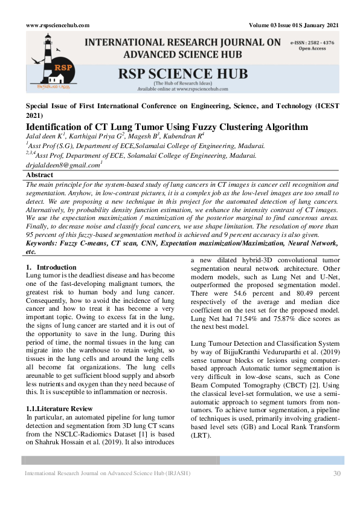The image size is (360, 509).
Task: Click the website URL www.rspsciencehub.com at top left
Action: click(x=58, y=25)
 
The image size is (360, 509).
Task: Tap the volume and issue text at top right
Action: click(x=294, y=25)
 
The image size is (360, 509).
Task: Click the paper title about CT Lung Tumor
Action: click(x=167, y=127)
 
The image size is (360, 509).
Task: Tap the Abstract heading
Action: click(x=40, y=175)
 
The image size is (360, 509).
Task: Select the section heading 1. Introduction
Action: click(x=52, y=267)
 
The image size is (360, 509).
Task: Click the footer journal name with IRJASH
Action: click(x=107, y=473)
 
